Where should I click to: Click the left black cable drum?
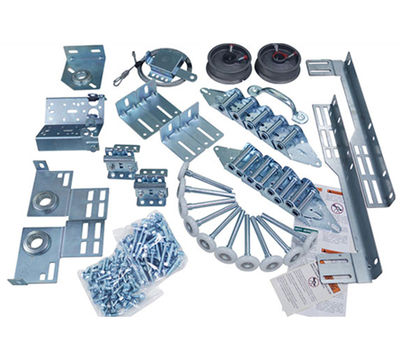point(225,59)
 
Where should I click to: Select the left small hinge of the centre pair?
point(120,160)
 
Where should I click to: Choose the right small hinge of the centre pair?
point(149,184)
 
